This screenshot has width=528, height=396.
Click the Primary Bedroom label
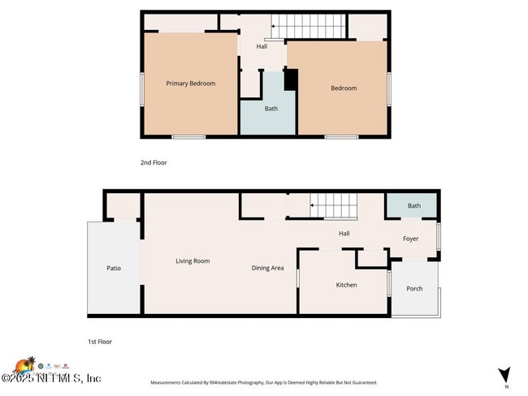click(x=190, y=83)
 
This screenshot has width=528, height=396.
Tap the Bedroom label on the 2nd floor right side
click(x=343, y=88)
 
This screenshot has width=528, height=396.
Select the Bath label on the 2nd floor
click(x=270, y=109)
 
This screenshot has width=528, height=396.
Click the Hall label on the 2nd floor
click(x=262, y=46)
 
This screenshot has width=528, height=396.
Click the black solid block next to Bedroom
click(x=291, y=80)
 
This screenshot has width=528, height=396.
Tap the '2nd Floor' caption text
click(x=154, y=162)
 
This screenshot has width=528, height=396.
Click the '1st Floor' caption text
click(x=101, y=342)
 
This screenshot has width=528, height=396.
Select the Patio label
click(x=114, y=268)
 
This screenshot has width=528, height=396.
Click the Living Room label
click(x=193, y=260)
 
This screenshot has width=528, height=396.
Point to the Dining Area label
click(x=267, y=268)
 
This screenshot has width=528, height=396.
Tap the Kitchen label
click(x=346, y=285)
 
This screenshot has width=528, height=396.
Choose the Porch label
click(x=414, y=288)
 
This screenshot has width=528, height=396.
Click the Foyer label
click(x=411, y=239)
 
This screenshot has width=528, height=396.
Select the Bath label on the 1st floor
click(x=414, y=206)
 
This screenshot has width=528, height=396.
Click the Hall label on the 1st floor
click(x=344, y=234)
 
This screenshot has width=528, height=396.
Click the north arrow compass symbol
click(x=504, y=375)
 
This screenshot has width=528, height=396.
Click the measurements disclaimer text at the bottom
click(x=263, y=382)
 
